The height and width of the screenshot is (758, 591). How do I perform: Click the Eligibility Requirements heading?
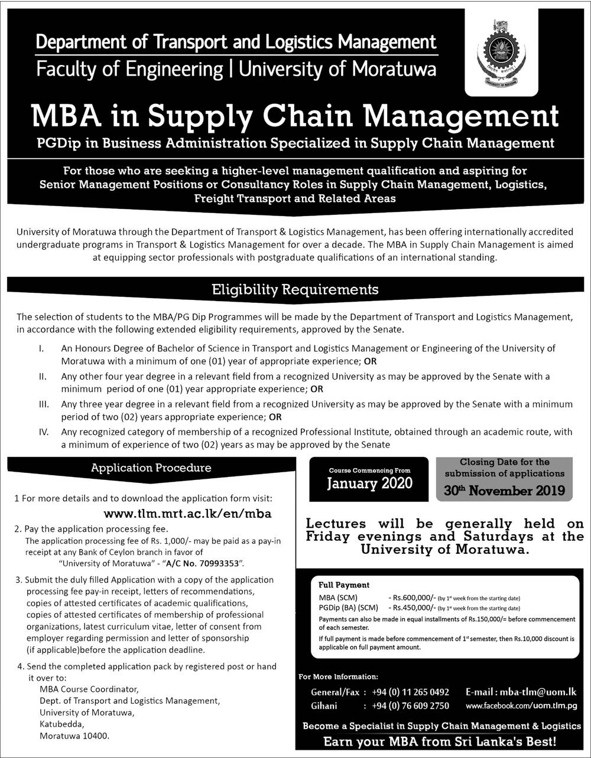[x=295, y=289]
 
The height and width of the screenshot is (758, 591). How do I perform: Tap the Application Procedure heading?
[x=151, y=468]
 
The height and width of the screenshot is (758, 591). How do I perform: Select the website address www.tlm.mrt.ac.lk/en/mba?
[x=188, y=514]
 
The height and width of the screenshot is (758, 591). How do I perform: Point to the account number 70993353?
[x=219, y=564]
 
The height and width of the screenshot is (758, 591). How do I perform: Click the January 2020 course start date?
[x=370, y=483]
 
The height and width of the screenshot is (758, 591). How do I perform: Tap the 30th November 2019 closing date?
[x=504, y=490]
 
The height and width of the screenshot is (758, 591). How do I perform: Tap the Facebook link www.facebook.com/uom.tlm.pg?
[x=521, y=705]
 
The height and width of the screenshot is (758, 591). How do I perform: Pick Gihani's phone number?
[x=410, y=705]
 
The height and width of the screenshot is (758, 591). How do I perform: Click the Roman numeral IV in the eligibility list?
[x=43, y=432]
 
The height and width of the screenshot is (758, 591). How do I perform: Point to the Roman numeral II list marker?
[x=43, y=377]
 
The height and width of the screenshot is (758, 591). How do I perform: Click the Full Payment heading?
[x=343, y=585]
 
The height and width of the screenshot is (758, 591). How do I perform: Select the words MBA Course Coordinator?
[x=89, y=689]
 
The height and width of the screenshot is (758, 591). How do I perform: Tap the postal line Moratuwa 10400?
[x=74, y=736]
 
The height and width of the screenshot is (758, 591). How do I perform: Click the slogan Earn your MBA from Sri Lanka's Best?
[x=440, y=741]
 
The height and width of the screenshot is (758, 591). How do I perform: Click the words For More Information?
[x=339, y=677]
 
